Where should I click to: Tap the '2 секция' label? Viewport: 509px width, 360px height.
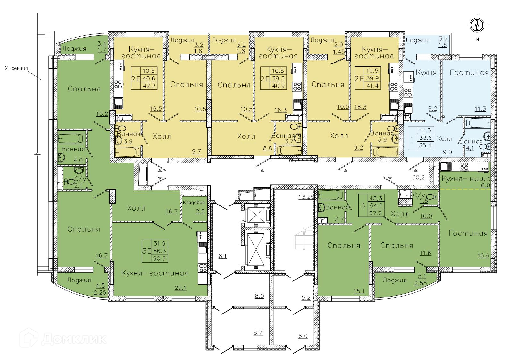point(16,68)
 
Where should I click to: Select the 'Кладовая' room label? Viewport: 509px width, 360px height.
point(194,202)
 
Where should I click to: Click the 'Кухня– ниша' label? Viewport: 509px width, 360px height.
point(466,179)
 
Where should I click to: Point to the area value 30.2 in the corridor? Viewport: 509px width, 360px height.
point(419,177)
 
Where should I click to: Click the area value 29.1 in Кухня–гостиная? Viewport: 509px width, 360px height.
point(180,288)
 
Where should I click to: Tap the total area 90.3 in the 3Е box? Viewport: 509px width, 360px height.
point(160,258)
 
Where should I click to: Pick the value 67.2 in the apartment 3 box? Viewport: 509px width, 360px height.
point(376,213)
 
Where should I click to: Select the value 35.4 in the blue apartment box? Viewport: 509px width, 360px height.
point(425,145)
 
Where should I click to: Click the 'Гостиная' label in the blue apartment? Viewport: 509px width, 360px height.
point(469,73)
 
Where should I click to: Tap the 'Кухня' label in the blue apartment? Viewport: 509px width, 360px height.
point(426,72)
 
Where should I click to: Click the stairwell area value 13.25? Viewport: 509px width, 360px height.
point(306,197)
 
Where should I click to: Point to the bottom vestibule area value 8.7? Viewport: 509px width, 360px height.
point(258,333)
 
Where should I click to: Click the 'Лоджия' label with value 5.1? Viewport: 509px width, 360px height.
point(395,280)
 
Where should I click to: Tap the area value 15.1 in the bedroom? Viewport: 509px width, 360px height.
point(359,291)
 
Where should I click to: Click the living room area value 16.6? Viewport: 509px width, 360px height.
point(483,255)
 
